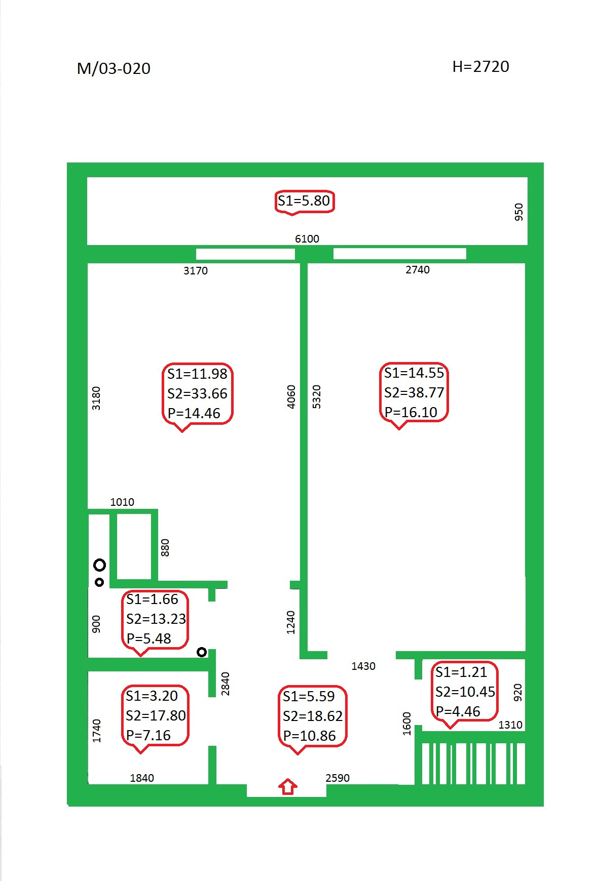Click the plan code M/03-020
tap(114, 68)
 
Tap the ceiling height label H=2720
tap(480, 66)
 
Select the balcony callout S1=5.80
tap(304, 201)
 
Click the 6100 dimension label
tap(307, 239)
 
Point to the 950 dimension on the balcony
tap(518, 212)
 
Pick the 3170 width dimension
tap(196, 271)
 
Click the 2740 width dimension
tap(418, 270)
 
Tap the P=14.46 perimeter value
tap(194, 413)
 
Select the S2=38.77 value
tap(414, 392)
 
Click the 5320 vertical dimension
tap(317, 396)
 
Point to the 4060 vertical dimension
tap(291, 396)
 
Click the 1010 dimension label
tap(122, 502)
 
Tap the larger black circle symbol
tap(99, 565)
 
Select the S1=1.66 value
tap(152, 599)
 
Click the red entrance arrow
tap(287, 786)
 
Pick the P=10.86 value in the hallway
tap(309, 736)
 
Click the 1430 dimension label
tap(363, 666)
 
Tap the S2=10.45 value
tap(465, 692)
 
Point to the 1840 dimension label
tap(142, 778)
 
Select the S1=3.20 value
tap(152, 696)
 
